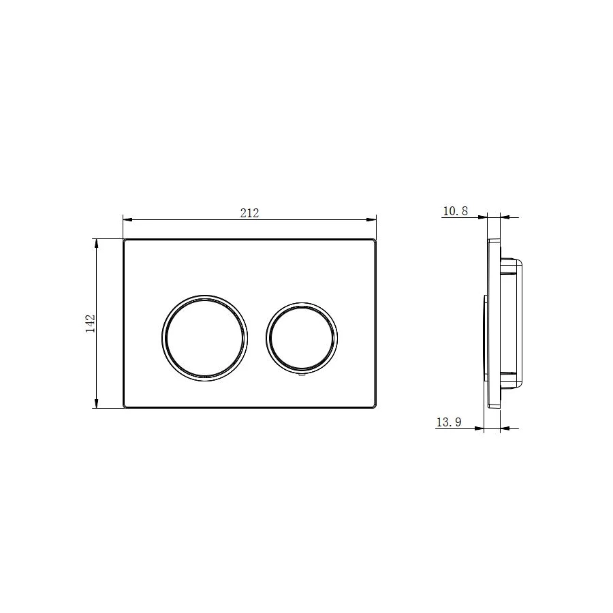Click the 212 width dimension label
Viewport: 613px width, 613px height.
click(x=249, y=213)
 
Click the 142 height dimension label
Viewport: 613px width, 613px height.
click(x=91, y=324)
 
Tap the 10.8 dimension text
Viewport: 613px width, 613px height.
click(x=456, y=211)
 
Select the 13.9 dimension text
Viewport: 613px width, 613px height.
click(x=449, y=422)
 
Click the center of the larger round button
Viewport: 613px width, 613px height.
click(x=204, y=338)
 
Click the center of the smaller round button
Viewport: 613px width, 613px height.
click(x=302, y=338)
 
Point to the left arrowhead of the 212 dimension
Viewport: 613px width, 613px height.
click(x=128, y=220)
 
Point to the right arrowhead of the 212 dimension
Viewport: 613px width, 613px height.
click(x=371, y=220)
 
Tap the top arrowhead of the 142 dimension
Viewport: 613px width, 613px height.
click(x=96, y=244)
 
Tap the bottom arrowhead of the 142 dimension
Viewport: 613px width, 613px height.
click(x=96, y=403)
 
